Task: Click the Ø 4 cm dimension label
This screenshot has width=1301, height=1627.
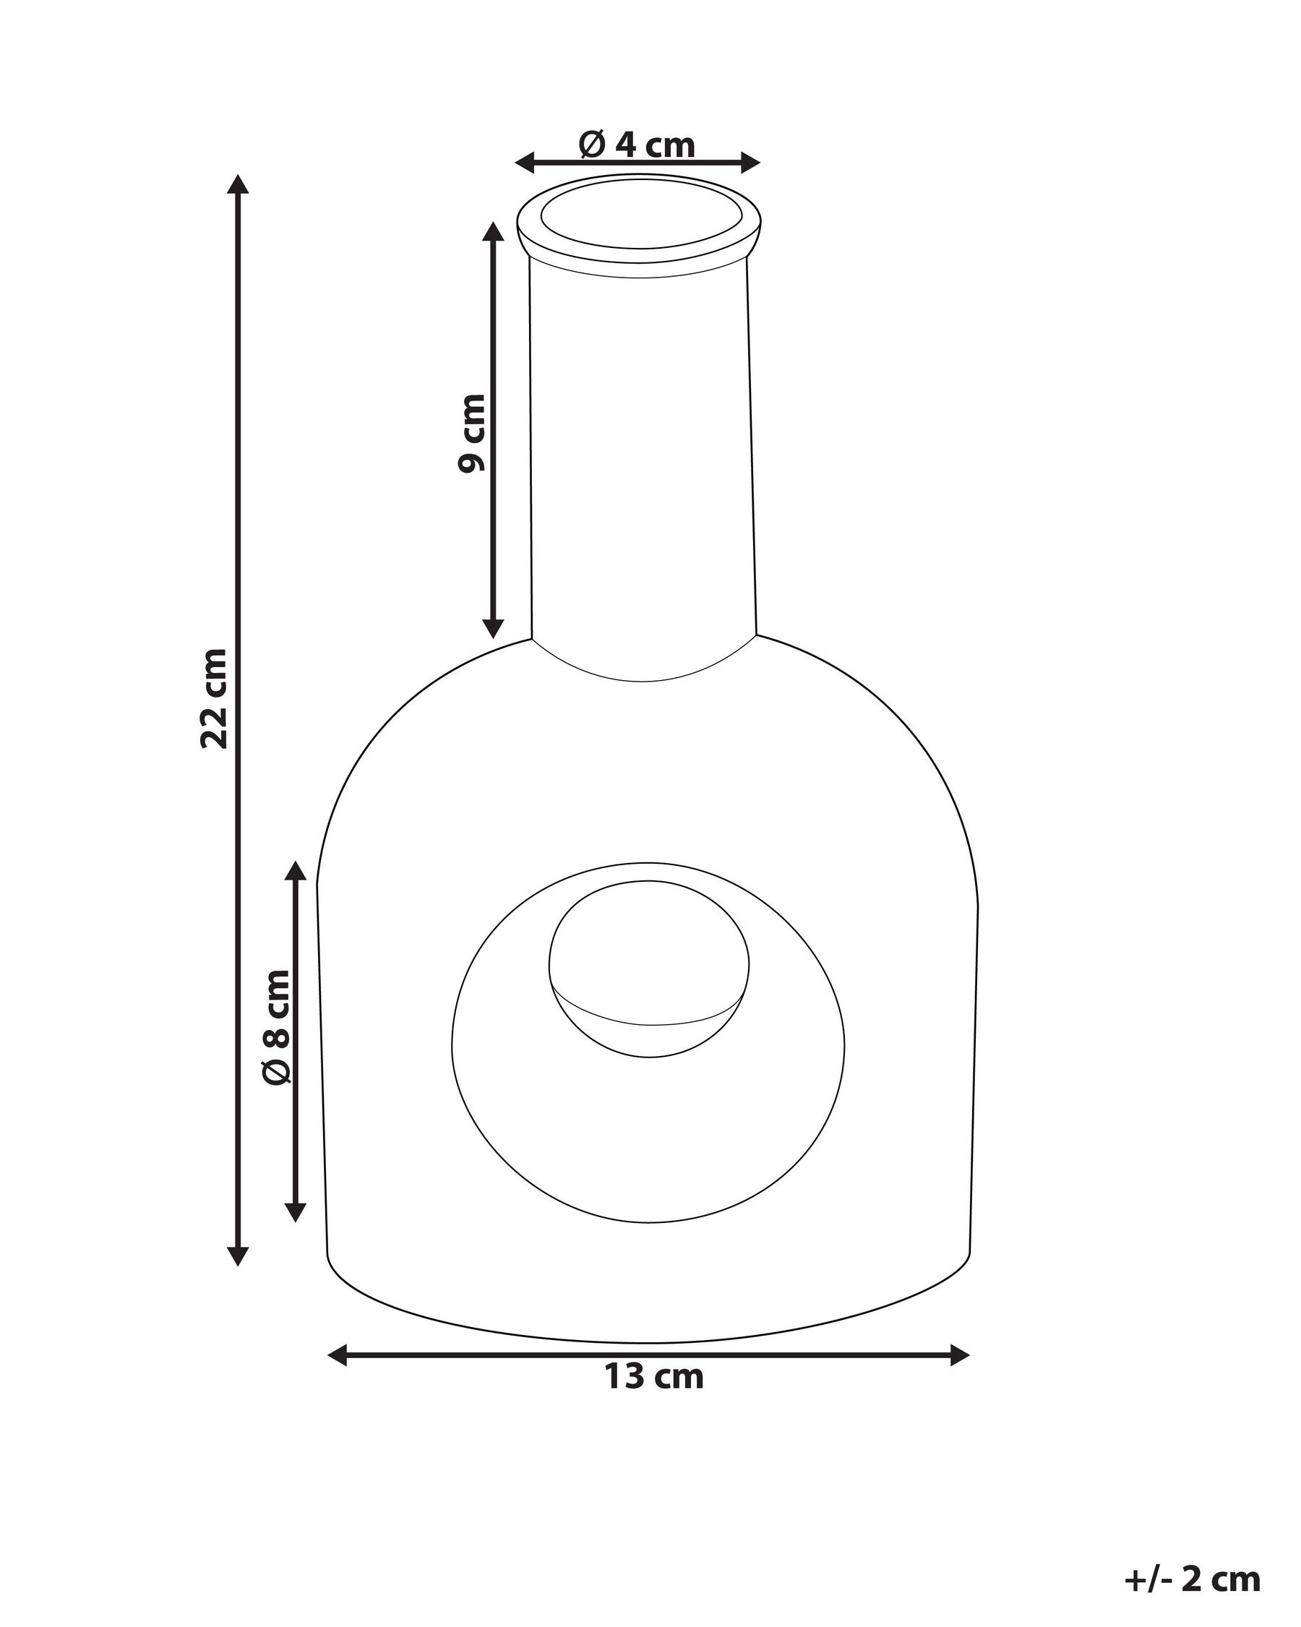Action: [637, 144]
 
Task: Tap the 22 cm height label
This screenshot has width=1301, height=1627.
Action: [215, 698]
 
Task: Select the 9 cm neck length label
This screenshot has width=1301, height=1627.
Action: [473, 433]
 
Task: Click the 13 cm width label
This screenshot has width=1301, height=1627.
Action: [653, 1376]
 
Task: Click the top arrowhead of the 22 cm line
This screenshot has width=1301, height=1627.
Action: [239, 185]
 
